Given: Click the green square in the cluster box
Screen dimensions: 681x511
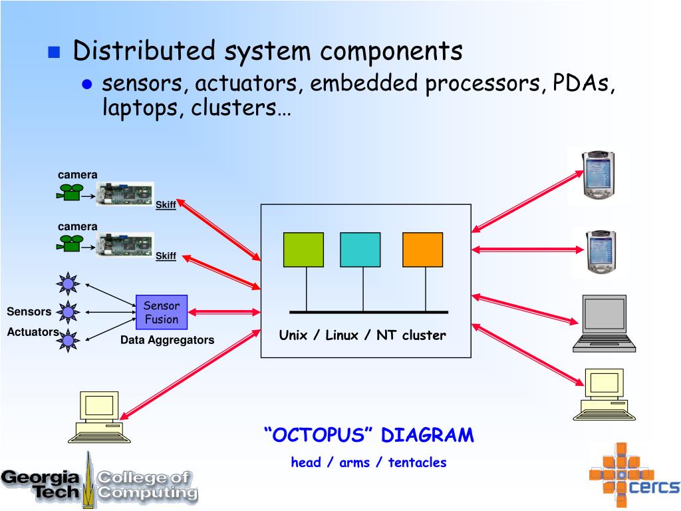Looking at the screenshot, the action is click(303, 250).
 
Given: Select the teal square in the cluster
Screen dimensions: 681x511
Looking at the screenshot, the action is click(360, 250).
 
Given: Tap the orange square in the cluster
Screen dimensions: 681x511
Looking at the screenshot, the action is click(422, 250).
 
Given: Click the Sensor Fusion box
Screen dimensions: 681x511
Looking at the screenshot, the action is click(162, 313).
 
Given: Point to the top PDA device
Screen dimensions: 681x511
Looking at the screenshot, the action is click(599, 174).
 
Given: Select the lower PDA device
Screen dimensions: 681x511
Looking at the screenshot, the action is click(601, 252).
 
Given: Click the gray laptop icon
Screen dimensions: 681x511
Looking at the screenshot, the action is click(604, 323).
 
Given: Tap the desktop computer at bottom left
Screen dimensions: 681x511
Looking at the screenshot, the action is click(100, 417).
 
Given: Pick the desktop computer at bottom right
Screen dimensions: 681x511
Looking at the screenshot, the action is click(604, 395).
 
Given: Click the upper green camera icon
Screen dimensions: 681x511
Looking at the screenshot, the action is click(69, 192).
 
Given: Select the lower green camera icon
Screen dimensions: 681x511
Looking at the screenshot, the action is click(69, 244).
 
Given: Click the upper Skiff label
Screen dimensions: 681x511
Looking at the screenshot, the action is click(166, 205).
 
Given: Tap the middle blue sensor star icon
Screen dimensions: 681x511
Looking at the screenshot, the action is click(68, 312).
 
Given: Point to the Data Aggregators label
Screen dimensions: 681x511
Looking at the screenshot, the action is click(167, 340).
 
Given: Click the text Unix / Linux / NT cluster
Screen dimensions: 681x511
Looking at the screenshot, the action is click(362, 335).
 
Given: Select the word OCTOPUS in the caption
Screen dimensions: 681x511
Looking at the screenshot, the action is click(319, 435).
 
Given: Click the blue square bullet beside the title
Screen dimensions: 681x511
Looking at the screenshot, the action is click(54, 52).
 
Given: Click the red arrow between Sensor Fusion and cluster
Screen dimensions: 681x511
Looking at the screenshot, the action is click(224, 312).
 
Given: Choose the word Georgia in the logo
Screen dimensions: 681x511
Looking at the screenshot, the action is click(40, 478).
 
